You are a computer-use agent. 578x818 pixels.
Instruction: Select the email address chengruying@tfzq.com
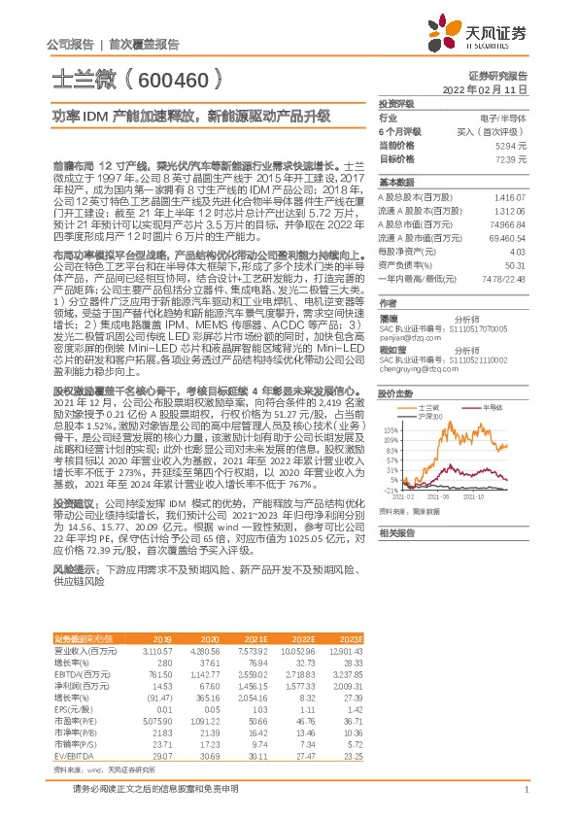tap(410, 342)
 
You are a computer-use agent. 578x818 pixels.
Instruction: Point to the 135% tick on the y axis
tap(391, 400)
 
